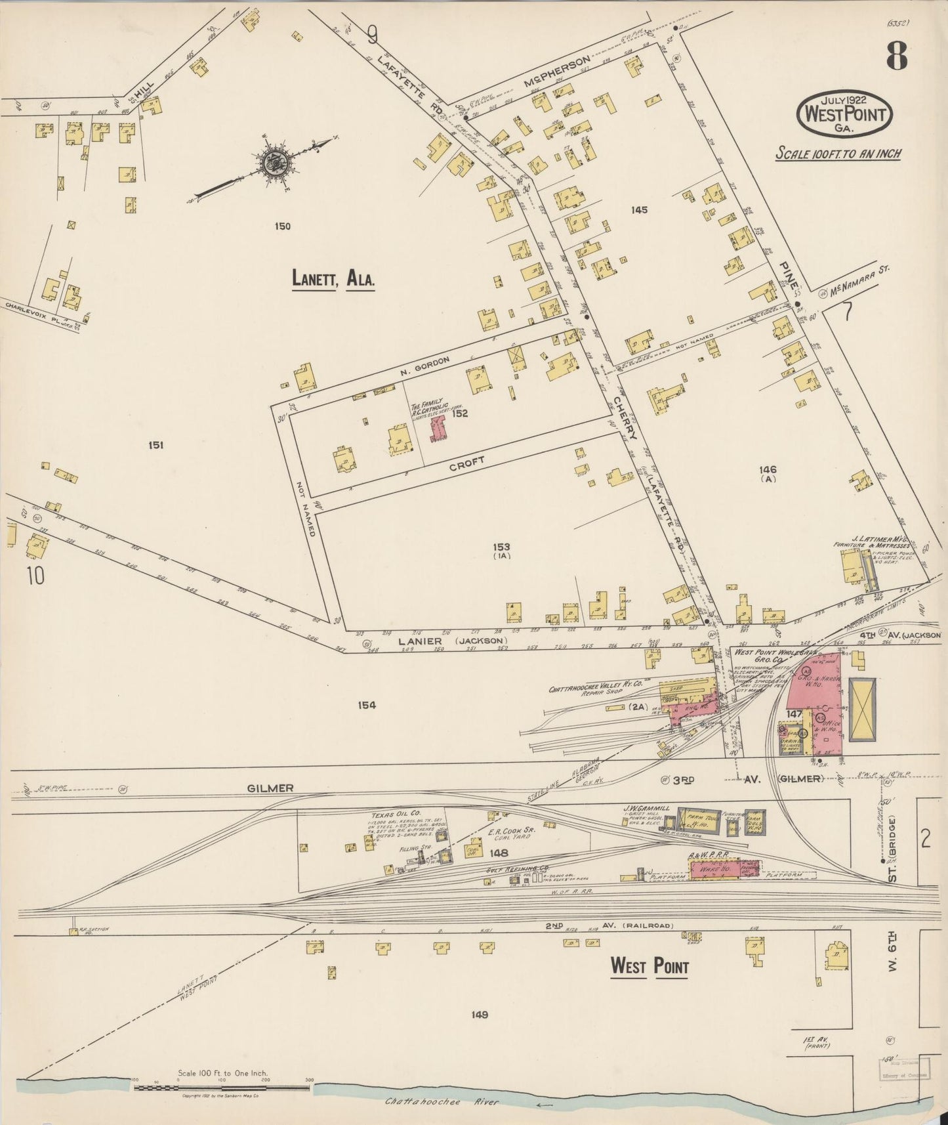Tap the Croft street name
[x=467, y=464]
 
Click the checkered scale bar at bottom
[x=223, y=1088]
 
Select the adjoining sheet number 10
[x=35, y=576]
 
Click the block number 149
[x=480, y=1015]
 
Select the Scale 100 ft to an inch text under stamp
[x=838, y=154]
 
